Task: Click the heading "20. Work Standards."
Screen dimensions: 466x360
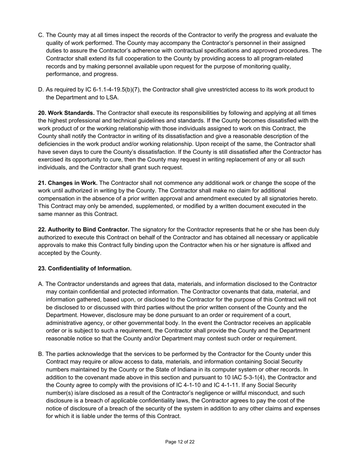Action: pos(66,113)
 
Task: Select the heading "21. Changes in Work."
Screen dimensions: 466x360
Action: pos(68,183)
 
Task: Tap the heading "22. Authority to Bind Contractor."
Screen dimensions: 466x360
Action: pos(84,230)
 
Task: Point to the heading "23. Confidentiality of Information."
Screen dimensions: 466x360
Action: pos(85,269)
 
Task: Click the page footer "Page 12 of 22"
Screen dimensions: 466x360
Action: pos(180,442)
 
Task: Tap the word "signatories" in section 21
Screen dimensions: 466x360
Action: pos(282,199)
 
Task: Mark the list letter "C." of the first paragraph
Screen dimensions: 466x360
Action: pos(41,35)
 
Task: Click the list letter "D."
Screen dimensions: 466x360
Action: pos(41,90)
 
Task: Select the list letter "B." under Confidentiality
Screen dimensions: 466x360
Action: pos(41,354)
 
